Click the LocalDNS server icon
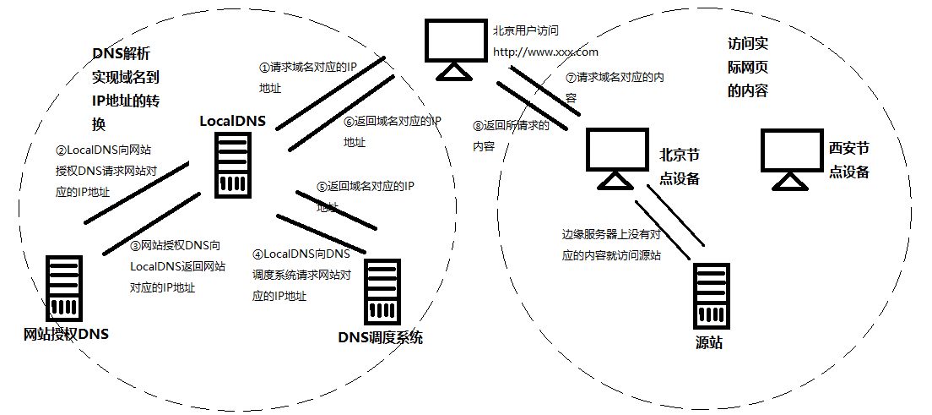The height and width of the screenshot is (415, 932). pyautogui.click(x=232, y=167)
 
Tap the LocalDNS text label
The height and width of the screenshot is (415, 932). pyautogui.click(x=232, y=121)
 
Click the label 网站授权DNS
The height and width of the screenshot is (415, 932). pyautogui.click(x=67, y=334)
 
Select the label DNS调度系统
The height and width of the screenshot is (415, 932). pyautogui.click(x=380, y=338)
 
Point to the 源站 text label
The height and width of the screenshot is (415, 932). pyautogui.click(x=709, y=342)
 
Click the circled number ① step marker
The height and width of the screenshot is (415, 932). pyautogui.click(x=264, y=68)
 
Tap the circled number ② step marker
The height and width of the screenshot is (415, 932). pyautogui.click(x=61, y=150)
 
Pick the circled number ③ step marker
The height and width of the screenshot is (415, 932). pyautogui.click(x=135, y=246)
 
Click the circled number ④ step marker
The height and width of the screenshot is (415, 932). pyautogui.click(x=257, y=254)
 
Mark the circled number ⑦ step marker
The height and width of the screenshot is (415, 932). pyautogui.click(x=571, y=77)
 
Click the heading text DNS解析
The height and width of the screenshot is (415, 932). pyautogui.click(x=121, y=54)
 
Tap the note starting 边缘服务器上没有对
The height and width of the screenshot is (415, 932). pyautogui.click(x=611, y=235)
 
